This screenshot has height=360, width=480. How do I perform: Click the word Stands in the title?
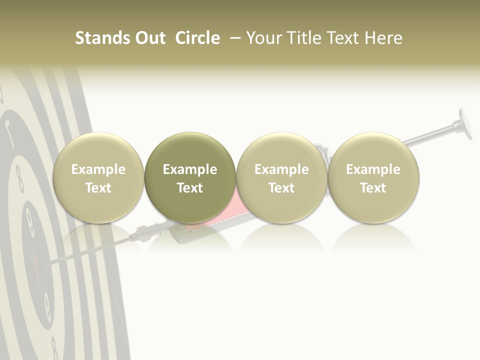[x=99, y=38]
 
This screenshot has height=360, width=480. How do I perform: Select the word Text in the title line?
[x=343, y=38]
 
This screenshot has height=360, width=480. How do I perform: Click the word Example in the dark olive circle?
[x=190, y=169]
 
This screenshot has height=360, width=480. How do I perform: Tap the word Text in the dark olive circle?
[x=190, y=188]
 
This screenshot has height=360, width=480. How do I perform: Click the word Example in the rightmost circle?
[x=373, y=169]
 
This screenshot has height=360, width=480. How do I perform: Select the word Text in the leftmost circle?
[x=98, y=188]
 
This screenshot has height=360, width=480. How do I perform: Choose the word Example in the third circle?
[x=281, y=169]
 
